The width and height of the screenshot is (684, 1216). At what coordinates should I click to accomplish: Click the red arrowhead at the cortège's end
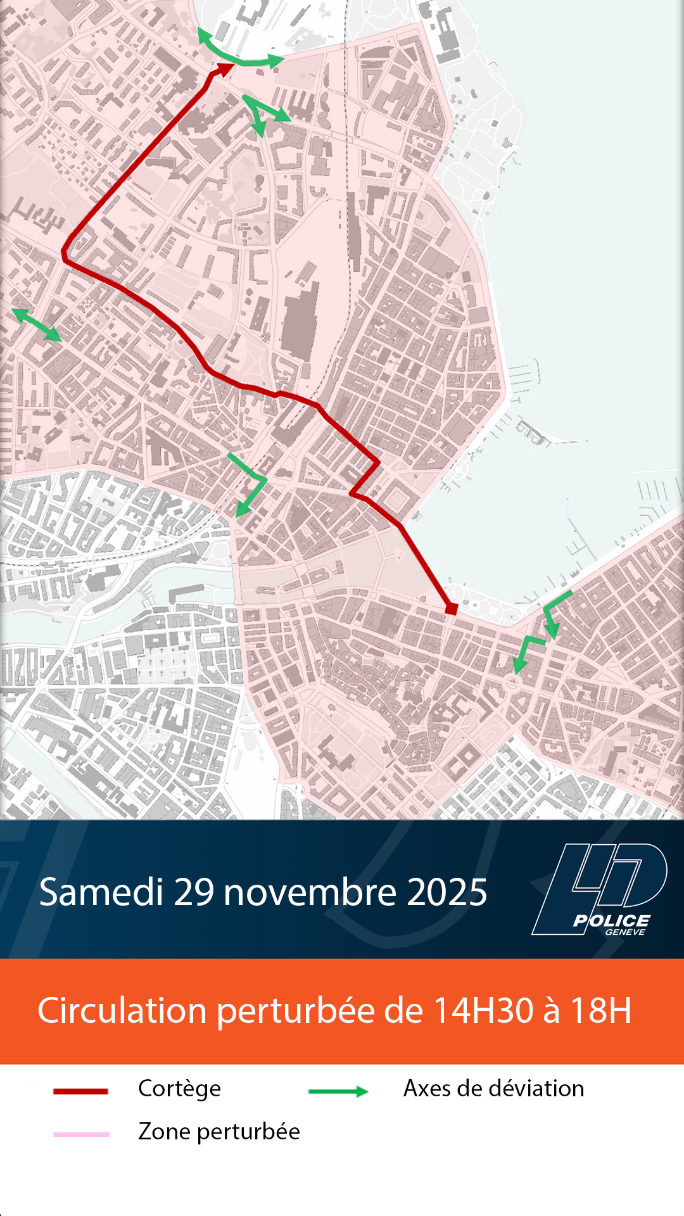point(223,68)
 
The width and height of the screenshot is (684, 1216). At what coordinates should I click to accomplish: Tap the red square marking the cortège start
point(452,609)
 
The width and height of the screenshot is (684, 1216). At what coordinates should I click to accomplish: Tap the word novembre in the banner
point(310,892)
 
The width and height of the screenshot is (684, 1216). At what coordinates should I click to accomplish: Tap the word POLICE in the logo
point(611,921)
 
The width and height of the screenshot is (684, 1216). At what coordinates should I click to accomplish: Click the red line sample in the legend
point(80,1091)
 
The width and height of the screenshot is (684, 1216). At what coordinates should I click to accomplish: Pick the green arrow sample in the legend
point(338,1091)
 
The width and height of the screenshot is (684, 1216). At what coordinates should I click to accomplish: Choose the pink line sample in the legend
point(81,1134)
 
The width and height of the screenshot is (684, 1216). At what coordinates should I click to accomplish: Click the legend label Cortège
point(179,1089)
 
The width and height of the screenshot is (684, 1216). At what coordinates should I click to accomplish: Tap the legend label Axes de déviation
point(493,1088)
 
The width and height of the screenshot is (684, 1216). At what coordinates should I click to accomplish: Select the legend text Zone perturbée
point(218,1132)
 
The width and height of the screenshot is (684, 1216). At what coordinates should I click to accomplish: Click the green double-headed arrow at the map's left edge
point(36,325)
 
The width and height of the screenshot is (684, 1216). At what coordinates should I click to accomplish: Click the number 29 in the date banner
point(194,892)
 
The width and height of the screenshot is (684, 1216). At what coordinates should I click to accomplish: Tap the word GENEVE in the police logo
point(624,932)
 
